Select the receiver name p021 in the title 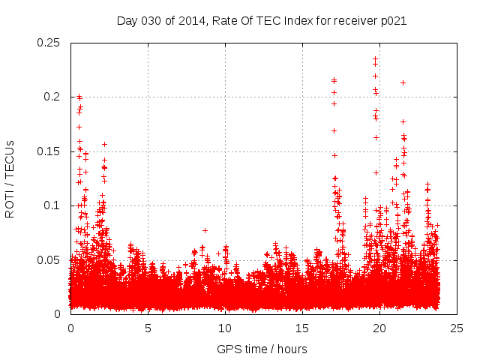click(393, 20)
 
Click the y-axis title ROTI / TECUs click(10, 178)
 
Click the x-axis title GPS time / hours click(262, 349)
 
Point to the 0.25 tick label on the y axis click(49, 43)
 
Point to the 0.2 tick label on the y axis click(53, 97)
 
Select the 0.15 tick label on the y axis click(49, 151)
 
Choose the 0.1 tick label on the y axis click(53, 205)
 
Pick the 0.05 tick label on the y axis click(49, 260)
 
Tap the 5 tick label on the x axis click(148, 328)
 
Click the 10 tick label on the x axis click(225, 328)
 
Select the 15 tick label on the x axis click(303, 328)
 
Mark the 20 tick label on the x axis click(380, 328)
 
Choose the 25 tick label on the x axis click(457, 328)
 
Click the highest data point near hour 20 click(375, 58)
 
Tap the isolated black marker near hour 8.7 click(205, 230)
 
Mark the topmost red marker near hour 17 click(334, 80)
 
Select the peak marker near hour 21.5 click(403, 82)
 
